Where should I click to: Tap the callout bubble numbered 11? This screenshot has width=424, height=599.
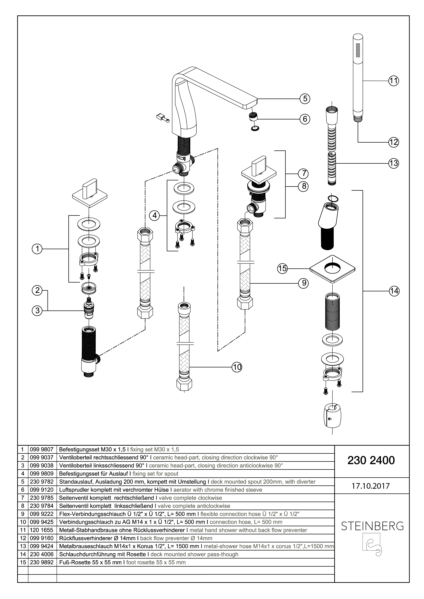click(x=394, y=81)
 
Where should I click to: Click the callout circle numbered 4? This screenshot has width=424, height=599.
click(x=155, y=215)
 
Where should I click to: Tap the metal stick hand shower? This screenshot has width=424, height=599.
click(x=358, y=73)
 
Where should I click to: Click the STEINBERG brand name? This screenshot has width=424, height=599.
click(x=372, y=526)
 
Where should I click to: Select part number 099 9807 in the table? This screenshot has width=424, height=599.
click(x=42, y=449)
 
